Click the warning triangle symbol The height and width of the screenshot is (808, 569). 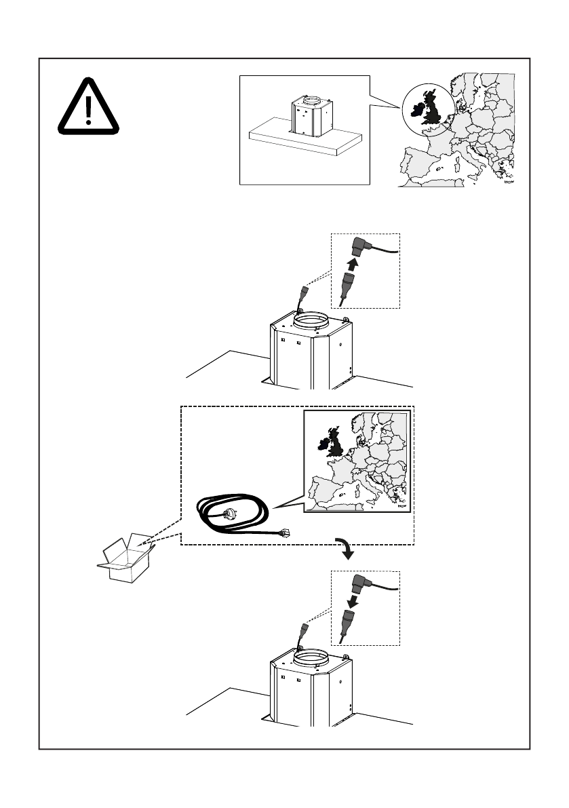pos(88,107)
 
